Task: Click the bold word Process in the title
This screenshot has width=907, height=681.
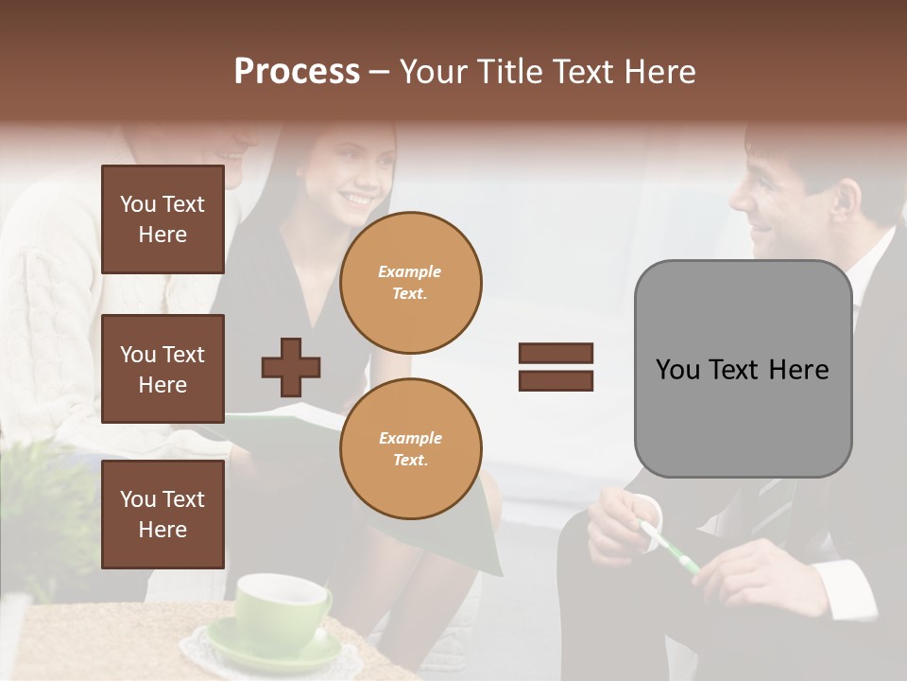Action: [x=297, y=72]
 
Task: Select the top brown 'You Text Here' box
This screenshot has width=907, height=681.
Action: [x=163, y=219]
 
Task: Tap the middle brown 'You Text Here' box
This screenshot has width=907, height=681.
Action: [x=163, y=369]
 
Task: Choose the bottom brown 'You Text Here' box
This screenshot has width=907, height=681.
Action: [x=163, y=515]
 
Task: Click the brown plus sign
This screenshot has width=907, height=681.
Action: [x=291, y=367]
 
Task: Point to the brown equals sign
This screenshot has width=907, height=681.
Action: [x=556, y=367]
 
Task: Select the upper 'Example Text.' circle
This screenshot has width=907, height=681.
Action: [x=410, y=283]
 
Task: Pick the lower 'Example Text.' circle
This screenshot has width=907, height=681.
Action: [x=410, y=448]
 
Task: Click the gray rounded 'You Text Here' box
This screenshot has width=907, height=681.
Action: [x=743, y=369]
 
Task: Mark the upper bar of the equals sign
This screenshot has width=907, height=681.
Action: [x=556, y=353]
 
